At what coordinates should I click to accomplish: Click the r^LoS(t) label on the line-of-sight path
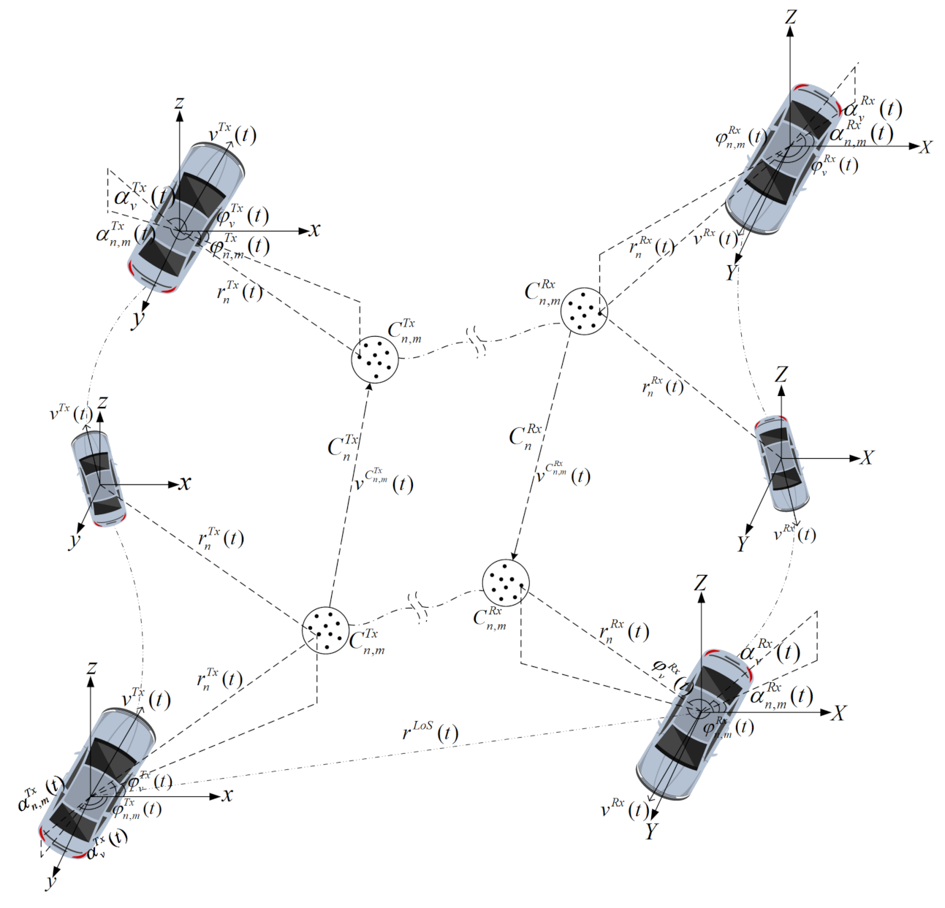point(430,731)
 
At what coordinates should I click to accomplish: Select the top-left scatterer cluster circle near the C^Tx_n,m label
point(374,358)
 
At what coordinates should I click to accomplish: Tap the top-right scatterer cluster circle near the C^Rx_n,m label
point(584,311)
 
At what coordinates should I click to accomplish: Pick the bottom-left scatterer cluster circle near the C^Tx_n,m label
point(325,630)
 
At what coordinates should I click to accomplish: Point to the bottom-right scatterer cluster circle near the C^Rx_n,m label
point(506,582)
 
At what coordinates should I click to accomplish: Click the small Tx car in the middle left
point(99,479)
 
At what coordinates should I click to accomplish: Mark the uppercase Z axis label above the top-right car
point(790,16)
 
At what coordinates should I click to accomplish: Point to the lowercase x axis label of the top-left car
point(314,230)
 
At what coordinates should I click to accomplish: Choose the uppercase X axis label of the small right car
point(867,458)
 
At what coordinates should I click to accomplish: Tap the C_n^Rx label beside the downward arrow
point(525,436)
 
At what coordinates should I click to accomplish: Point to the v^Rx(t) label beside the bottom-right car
point(623,809)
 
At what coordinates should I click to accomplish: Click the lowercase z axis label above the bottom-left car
point(91,668)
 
